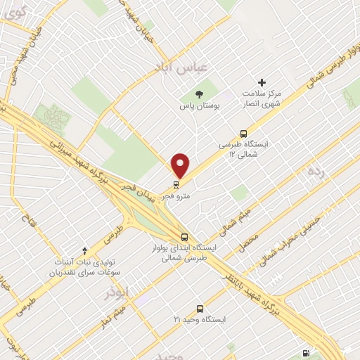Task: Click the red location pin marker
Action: pos(181,166)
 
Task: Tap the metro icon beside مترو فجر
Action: pos(176,186)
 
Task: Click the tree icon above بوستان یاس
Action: pos(199,94)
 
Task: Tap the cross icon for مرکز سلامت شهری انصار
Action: pos(262,82)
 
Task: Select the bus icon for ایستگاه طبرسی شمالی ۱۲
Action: pos(244,132)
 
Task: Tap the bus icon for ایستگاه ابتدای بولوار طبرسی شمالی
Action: pos(185,238)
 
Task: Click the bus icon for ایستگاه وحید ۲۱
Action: pos(200,308)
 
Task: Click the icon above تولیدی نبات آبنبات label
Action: pos(85,250)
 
